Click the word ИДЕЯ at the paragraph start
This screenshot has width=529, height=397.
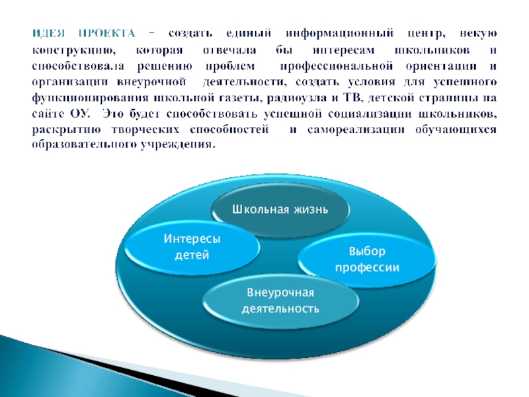pos(48,34)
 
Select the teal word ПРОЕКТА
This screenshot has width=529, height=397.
pos(107,34)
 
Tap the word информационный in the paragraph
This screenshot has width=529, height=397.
pos(339,34)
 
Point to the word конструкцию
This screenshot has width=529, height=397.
pos(74,51)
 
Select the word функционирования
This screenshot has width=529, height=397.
pos(90,98)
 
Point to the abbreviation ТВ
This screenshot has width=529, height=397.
pos(352,97)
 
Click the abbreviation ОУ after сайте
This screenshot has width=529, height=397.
pos(80,113)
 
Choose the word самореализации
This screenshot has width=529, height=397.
pos(356,130)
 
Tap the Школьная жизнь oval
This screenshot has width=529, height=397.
pos(280,210)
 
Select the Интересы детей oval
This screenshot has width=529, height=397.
pos(192,247)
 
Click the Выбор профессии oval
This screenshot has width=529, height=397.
pos(367,259)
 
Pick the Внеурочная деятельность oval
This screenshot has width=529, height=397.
pos(280,300)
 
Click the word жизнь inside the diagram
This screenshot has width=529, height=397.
pos(311,210)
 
